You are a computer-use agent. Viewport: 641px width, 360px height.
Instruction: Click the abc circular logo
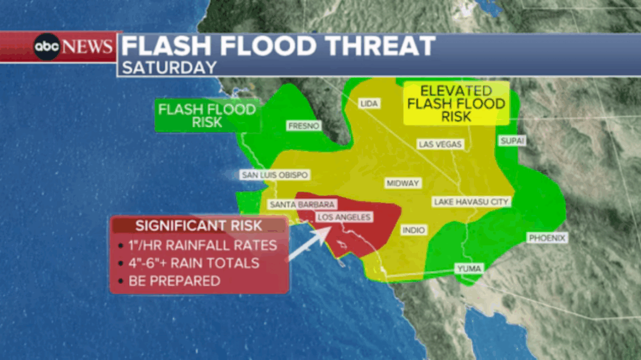pos(48,47)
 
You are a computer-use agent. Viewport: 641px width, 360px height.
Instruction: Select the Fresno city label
pos(304,126)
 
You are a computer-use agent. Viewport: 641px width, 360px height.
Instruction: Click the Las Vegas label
pos(440,144)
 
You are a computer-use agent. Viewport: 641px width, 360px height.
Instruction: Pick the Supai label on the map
pos(512,141)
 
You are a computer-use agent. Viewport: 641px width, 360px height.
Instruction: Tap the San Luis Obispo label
pos(274,175)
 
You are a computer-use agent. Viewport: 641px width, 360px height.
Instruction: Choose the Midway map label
pos(402,183)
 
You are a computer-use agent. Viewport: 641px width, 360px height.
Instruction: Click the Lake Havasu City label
pos(472,202)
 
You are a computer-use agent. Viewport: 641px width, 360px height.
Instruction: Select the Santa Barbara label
pos(294,204)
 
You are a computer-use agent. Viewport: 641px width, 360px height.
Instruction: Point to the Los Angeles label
pos(344,218)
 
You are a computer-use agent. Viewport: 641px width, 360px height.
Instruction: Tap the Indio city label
pos(413,230)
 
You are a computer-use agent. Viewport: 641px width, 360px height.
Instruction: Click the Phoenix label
pos(546,238)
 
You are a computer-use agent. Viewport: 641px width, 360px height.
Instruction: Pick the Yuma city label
pos(468,268)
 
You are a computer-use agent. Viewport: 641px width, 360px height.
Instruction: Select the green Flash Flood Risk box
pos(207,116)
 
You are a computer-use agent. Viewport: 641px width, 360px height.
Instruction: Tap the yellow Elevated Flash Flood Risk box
pos(456,104)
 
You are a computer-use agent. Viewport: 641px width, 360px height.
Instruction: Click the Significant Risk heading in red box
pos(199,225)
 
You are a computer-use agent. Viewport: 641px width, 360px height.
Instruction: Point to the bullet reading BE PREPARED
pos(174,281)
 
